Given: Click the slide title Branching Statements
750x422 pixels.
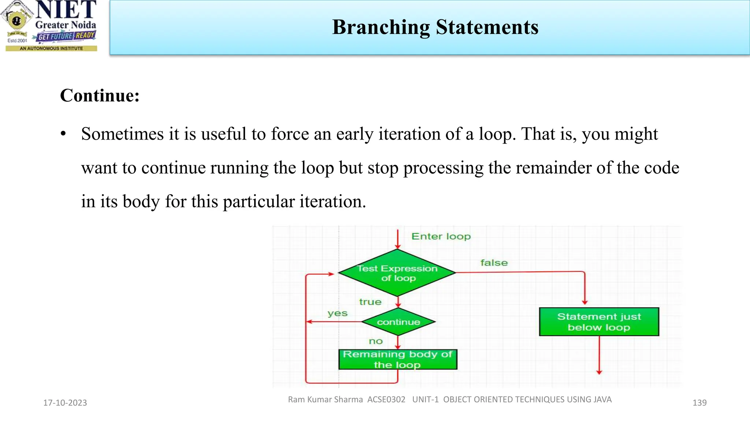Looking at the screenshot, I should pyautogui.click(x=435, y=27).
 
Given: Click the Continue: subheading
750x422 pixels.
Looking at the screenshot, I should pyautogui.click(x=100, y=96).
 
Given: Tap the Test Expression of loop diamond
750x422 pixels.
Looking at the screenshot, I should pyautogui.click(x=397, y=273).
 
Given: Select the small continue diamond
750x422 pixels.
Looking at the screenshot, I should pyautogui.click(x=398, y=322).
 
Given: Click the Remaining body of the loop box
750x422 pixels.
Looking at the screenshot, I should pyautogui.click(x=398, y=359).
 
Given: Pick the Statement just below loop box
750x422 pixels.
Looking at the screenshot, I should pyautogui.click(x=599, y=322).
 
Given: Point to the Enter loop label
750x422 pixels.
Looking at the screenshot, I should pyautogui.click(x=441, y=236).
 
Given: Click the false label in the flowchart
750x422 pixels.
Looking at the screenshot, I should pyautogui.click(x=494, y=263).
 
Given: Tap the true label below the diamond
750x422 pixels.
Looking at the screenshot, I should pyautogui.click(x=370, y=302).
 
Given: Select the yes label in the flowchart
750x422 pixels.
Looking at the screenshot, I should pyautogui.click(x=337, y=313).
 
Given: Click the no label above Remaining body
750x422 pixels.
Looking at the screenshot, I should pyautogui.click(x=375, y=341).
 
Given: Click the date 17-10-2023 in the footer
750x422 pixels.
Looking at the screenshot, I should pyautogui.click(x=65, y=403).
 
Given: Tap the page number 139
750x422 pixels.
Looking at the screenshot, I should pyautogui.click(x=699, y=403).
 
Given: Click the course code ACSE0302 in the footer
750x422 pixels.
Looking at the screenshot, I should pyautogui.click(x=386, y=399).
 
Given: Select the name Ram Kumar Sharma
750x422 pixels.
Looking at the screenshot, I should pyautogui.click(x=325, y=399).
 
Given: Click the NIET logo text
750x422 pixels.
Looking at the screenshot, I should pyautogui.click(x=66, y=10).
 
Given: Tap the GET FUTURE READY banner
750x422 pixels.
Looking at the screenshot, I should pyautogui.click(x=66, y=36).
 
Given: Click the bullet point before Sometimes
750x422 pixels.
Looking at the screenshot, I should pyautogui.click(x=63, y=134).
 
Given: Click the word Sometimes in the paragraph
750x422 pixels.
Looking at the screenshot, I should pyautogui.click(x=122, y=134).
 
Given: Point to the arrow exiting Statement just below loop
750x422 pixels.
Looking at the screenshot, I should pyautogui.click(x=599, y=355).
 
